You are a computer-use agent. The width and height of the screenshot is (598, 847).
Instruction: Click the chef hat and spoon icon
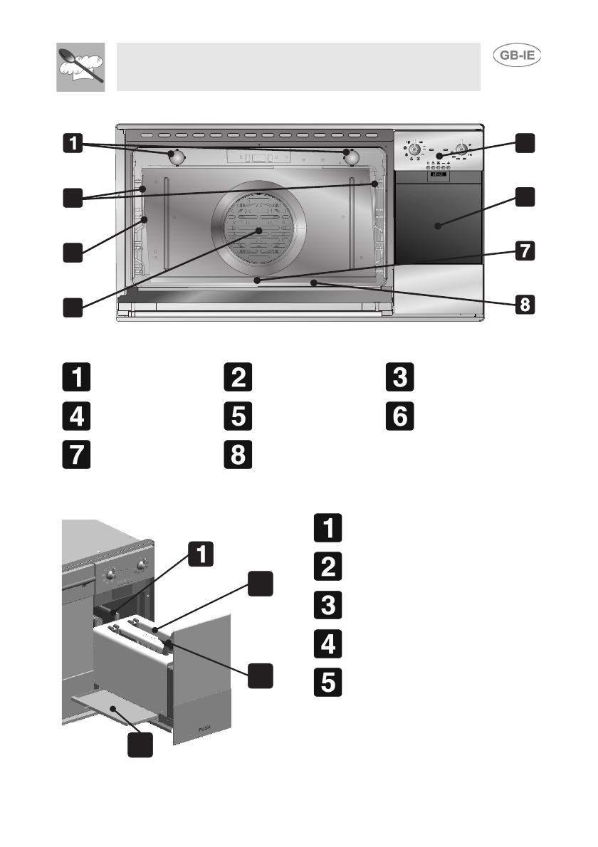(x=80, y=67)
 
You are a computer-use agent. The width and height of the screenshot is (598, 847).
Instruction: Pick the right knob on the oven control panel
(x=462, y=149)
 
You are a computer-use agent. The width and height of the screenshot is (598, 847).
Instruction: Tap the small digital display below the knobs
(x=437, y=174)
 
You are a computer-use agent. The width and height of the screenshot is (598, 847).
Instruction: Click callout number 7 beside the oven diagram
(x=523, y=251)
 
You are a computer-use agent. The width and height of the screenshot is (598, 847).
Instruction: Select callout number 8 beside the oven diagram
(x=523, y=305)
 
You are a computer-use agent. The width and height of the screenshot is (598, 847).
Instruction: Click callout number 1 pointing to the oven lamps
(x=72, y=144)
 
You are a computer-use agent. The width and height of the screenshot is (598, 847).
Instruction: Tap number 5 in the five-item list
(x=327, y=682)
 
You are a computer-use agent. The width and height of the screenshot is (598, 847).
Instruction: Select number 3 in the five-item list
(x=327, y=606)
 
